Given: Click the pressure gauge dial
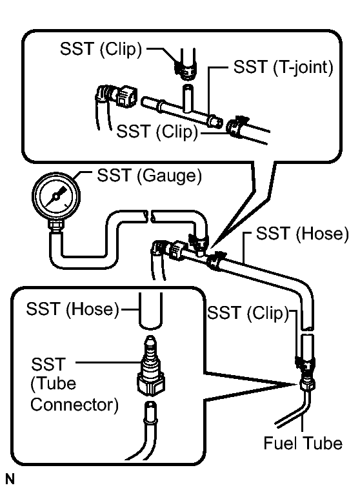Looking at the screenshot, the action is pos(56,196).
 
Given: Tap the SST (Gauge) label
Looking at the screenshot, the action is pos(149,176).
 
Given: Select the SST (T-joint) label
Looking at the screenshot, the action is pos(283,67).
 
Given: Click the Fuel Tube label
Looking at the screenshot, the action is pos(303,443).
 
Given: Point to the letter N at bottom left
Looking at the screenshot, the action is pos(10,479).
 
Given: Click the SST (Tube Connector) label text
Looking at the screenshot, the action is pos(74,384).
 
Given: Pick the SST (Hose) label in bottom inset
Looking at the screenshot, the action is pos(73,309).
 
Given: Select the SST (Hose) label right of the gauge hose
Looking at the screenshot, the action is pos(302,234).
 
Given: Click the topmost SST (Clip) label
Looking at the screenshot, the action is pos(101,49).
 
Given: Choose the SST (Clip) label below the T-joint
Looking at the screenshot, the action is pos(157,131).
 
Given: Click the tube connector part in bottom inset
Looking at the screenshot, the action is pos(150,365).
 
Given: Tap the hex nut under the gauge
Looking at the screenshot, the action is pos(56,225).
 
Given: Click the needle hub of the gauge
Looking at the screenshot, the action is pos(56,196).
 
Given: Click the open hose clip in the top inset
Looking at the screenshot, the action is pos(236,127).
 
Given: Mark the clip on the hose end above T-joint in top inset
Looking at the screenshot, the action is pos(185,70).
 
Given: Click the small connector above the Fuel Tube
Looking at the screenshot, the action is pos(308,383).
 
